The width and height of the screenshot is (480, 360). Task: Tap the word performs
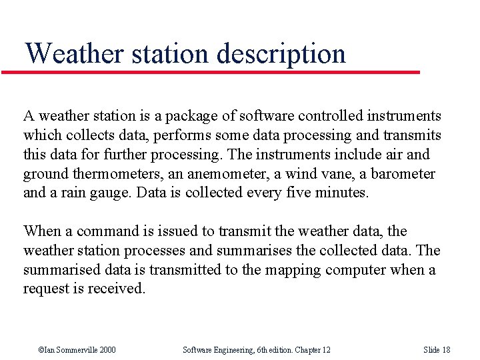point(183,135)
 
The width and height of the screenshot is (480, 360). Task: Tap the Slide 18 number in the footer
point(437,350)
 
